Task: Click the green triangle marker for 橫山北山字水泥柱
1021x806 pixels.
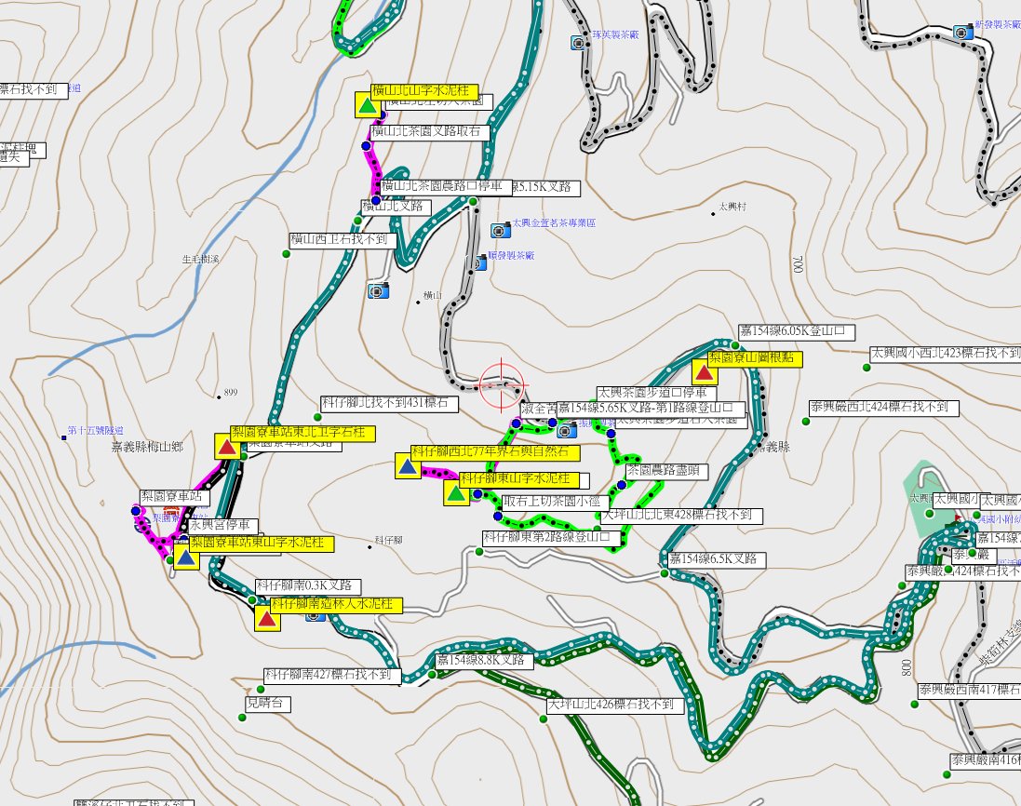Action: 368,104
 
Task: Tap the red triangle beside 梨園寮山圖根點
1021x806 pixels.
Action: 705,372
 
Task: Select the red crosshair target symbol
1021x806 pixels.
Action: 502,383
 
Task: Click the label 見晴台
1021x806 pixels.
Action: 268,704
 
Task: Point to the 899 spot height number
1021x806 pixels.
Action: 231,393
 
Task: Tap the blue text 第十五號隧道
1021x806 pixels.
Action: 96,431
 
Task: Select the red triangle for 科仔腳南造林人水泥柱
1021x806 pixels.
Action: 267,619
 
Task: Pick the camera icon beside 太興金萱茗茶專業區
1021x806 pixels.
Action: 498,229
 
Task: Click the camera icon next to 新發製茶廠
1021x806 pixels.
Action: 965,32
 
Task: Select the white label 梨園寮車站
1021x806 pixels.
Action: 171,497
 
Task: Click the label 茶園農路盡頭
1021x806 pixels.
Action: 666,472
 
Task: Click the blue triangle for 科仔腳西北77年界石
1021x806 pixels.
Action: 407,465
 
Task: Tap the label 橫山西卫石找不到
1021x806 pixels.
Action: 343,240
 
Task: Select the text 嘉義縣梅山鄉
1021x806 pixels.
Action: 147,447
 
